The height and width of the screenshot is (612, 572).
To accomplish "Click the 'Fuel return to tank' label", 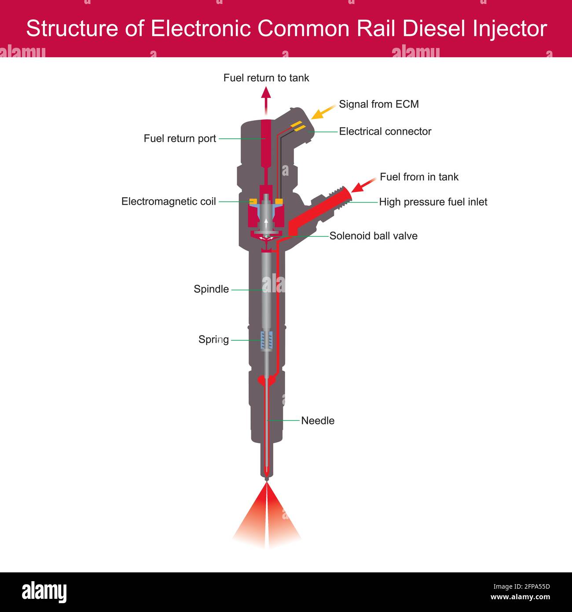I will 266,78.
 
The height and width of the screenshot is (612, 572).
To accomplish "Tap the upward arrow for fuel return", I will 266,99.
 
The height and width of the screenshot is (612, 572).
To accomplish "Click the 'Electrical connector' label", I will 385,131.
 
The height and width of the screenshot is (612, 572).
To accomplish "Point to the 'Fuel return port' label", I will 180,139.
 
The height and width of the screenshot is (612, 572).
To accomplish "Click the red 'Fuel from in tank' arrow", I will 363,185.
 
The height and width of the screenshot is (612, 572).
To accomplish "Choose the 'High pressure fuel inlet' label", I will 433,202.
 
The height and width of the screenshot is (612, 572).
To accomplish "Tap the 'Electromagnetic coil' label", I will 169,202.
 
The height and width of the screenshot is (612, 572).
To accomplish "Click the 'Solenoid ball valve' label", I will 373,236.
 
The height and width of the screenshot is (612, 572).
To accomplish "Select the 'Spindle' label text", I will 211,289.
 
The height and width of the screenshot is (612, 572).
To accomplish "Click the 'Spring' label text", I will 213,339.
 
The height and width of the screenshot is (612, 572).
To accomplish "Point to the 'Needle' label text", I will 318,421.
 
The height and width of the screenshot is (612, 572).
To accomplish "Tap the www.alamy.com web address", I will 520,597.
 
